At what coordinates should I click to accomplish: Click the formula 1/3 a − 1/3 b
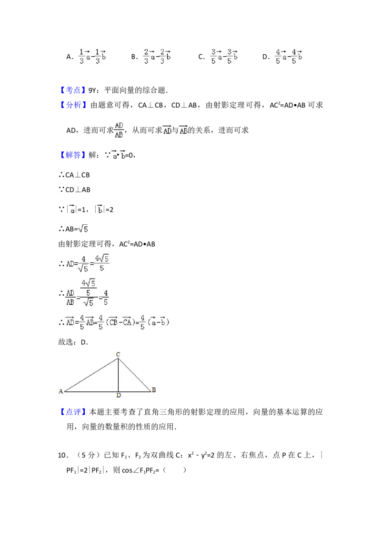tap(91, 55)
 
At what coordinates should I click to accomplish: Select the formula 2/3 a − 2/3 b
tap(156, 55)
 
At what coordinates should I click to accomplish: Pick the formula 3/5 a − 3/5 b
tap(224, 55)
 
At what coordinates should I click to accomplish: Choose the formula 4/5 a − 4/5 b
tap(289, 55)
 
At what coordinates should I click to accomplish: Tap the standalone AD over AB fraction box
tap(118, 130)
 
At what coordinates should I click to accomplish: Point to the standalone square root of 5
tap(84, 229)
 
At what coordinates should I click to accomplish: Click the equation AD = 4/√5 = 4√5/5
tap(88, 263)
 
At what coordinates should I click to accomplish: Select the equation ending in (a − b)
tap(118, 322)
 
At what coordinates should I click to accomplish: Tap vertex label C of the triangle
tap(118, 354)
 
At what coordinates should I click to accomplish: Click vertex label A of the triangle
tap(60, 391)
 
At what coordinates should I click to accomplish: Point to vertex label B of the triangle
tap(153, 390)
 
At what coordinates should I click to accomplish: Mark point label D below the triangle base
tap(118, 396)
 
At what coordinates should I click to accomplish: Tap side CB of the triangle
tap(134, 375)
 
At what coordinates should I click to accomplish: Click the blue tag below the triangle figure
tap(73, 412)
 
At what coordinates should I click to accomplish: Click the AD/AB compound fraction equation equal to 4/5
tap(88, 293)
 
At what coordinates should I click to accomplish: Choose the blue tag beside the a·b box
tap(74, 155)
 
